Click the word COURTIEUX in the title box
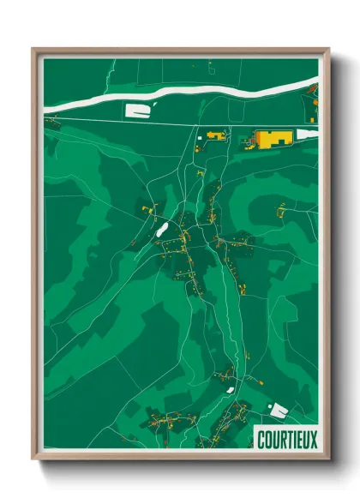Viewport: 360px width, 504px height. (287, 440)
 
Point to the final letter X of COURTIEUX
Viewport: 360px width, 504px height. (314, 440)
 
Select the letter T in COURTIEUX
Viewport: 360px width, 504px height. (287, 440)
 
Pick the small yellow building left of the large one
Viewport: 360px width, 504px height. (214, 135)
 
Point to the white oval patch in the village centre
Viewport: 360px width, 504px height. (160, 229)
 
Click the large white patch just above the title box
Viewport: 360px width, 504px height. (279, 410)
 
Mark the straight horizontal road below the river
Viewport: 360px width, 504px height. (171, 125)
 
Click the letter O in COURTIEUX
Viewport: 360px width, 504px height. (268, 440)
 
